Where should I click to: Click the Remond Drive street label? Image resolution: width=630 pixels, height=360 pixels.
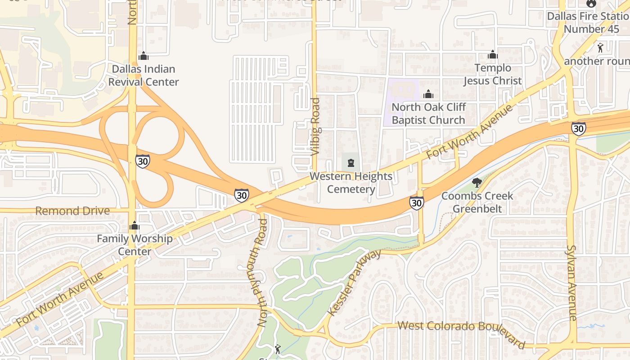click(x=72, y=211)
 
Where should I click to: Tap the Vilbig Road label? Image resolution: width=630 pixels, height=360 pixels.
click(x=315, y=127)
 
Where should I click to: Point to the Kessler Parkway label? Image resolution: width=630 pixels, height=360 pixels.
click(x=355, y=283)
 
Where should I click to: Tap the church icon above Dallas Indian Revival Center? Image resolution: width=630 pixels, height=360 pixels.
click(x=144, y=56)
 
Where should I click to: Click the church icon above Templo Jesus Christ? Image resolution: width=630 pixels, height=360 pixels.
click(x=493, y=54)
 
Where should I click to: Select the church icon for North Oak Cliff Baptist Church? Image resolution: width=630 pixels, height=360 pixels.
click(x=428, y=94)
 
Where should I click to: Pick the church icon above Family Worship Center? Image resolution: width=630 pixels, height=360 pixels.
click(x=135, y=225)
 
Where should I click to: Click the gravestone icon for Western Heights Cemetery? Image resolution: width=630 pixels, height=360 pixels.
click(x=351, y=162)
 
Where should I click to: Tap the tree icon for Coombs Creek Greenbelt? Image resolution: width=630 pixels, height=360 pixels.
click(x=477, y=182)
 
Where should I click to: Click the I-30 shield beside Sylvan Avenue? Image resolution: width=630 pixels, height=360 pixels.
click(x=579, y=129)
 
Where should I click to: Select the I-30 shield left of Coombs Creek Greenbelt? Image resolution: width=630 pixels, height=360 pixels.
click(x=417, y=203)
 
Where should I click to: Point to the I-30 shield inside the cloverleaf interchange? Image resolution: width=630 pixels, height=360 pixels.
click(x=143, y=161)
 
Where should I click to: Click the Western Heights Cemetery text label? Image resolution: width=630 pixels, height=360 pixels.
click(x=351, y=183)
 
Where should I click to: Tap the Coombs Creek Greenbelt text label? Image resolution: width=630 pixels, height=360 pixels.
click(x=477, y=202)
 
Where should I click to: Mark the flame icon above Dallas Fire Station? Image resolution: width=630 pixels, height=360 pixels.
click(x=591, y=3)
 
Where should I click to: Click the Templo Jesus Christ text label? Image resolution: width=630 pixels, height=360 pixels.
click(x=493, y=74)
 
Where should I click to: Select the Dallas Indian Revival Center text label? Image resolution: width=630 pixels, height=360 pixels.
click(x=144, y=76)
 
